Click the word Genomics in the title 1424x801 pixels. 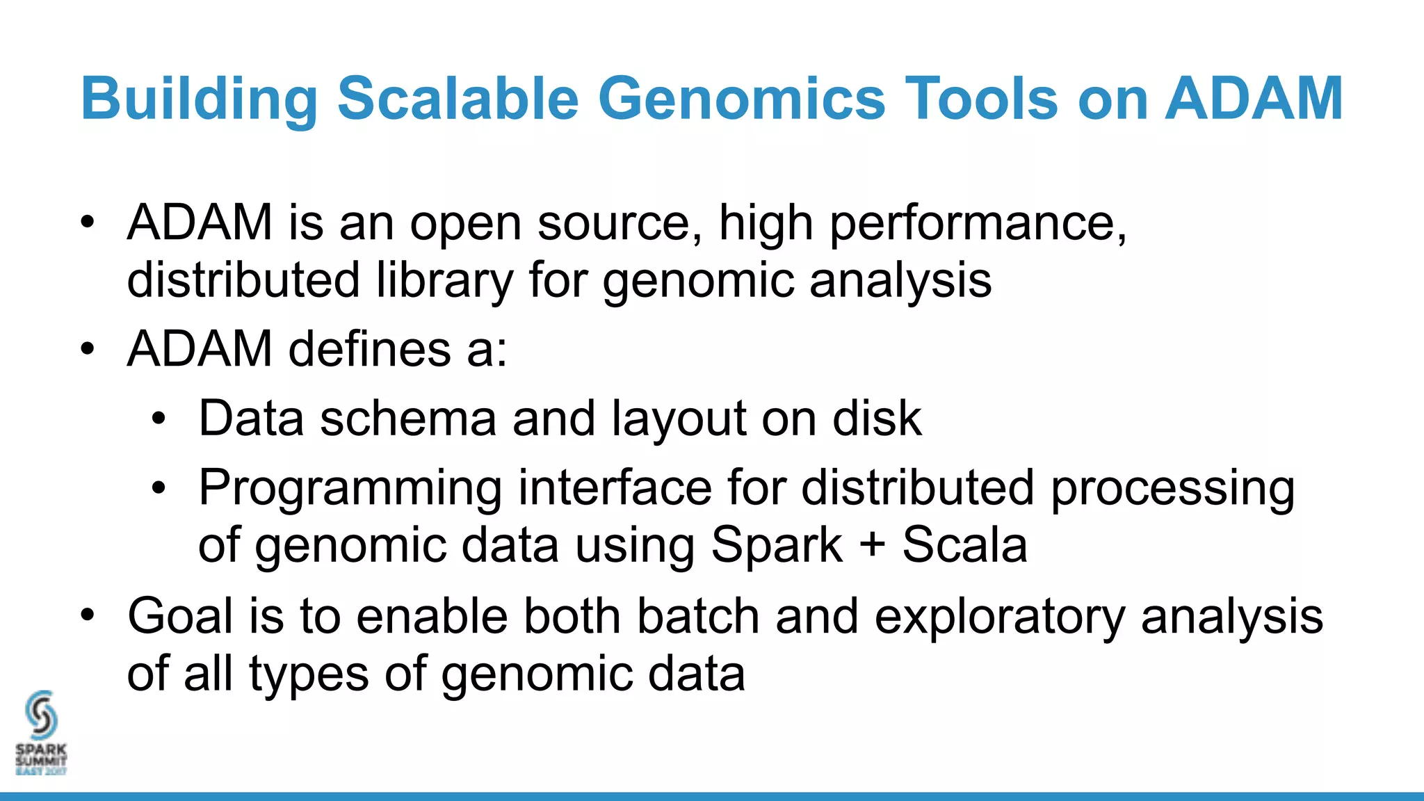pyautogui.click(x=741, y=99)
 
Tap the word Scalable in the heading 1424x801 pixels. pyautogui.click(x=458, y=99)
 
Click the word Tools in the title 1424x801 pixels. pyautogui.click(x=982, y=99)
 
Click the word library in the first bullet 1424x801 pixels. pyautogui.click(x=444, y=280)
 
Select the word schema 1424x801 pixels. pyautogui.click(x=408, y=419)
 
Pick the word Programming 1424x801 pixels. pyautogui.click(x=350, y=489)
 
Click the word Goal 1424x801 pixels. pyautogui.click(x=180, y=617)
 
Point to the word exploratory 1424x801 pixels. pyautogui.click(x=999, y=617)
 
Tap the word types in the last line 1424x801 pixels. pyautogui.click(x=309, y=674)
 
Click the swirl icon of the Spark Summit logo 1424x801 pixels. pyautogui.click(x=41, y=714)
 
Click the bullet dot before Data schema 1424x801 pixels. pyautogui.click(x=159, y=419)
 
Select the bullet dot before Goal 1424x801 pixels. pyautogui.click(x=87, y=615)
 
